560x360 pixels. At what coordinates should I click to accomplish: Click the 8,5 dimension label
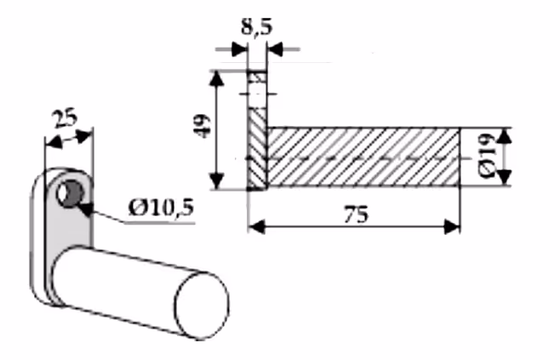click(x=256, y=27)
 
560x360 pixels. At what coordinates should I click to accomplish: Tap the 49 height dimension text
click(x=202, y=126)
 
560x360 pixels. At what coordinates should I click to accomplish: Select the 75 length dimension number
click(x=356, y=215)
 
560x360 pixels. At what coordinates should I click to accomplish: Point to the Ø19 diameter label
click(x=487, y=156)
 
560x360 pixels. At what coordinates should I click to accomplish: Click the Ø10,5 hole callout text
click(x=161, y=209)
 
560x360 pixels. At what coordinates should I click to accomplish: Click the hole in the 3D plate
click(x=71, y=193)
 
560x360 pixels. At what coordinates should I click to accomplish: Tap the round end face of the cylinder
click(x=202, y=306)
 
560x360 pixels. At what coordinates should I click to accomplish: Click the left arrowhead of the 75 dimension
click(x=256, y=226)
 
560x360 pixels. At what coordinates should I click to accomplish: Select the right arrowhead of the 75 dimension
click(x=452, y=226)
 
